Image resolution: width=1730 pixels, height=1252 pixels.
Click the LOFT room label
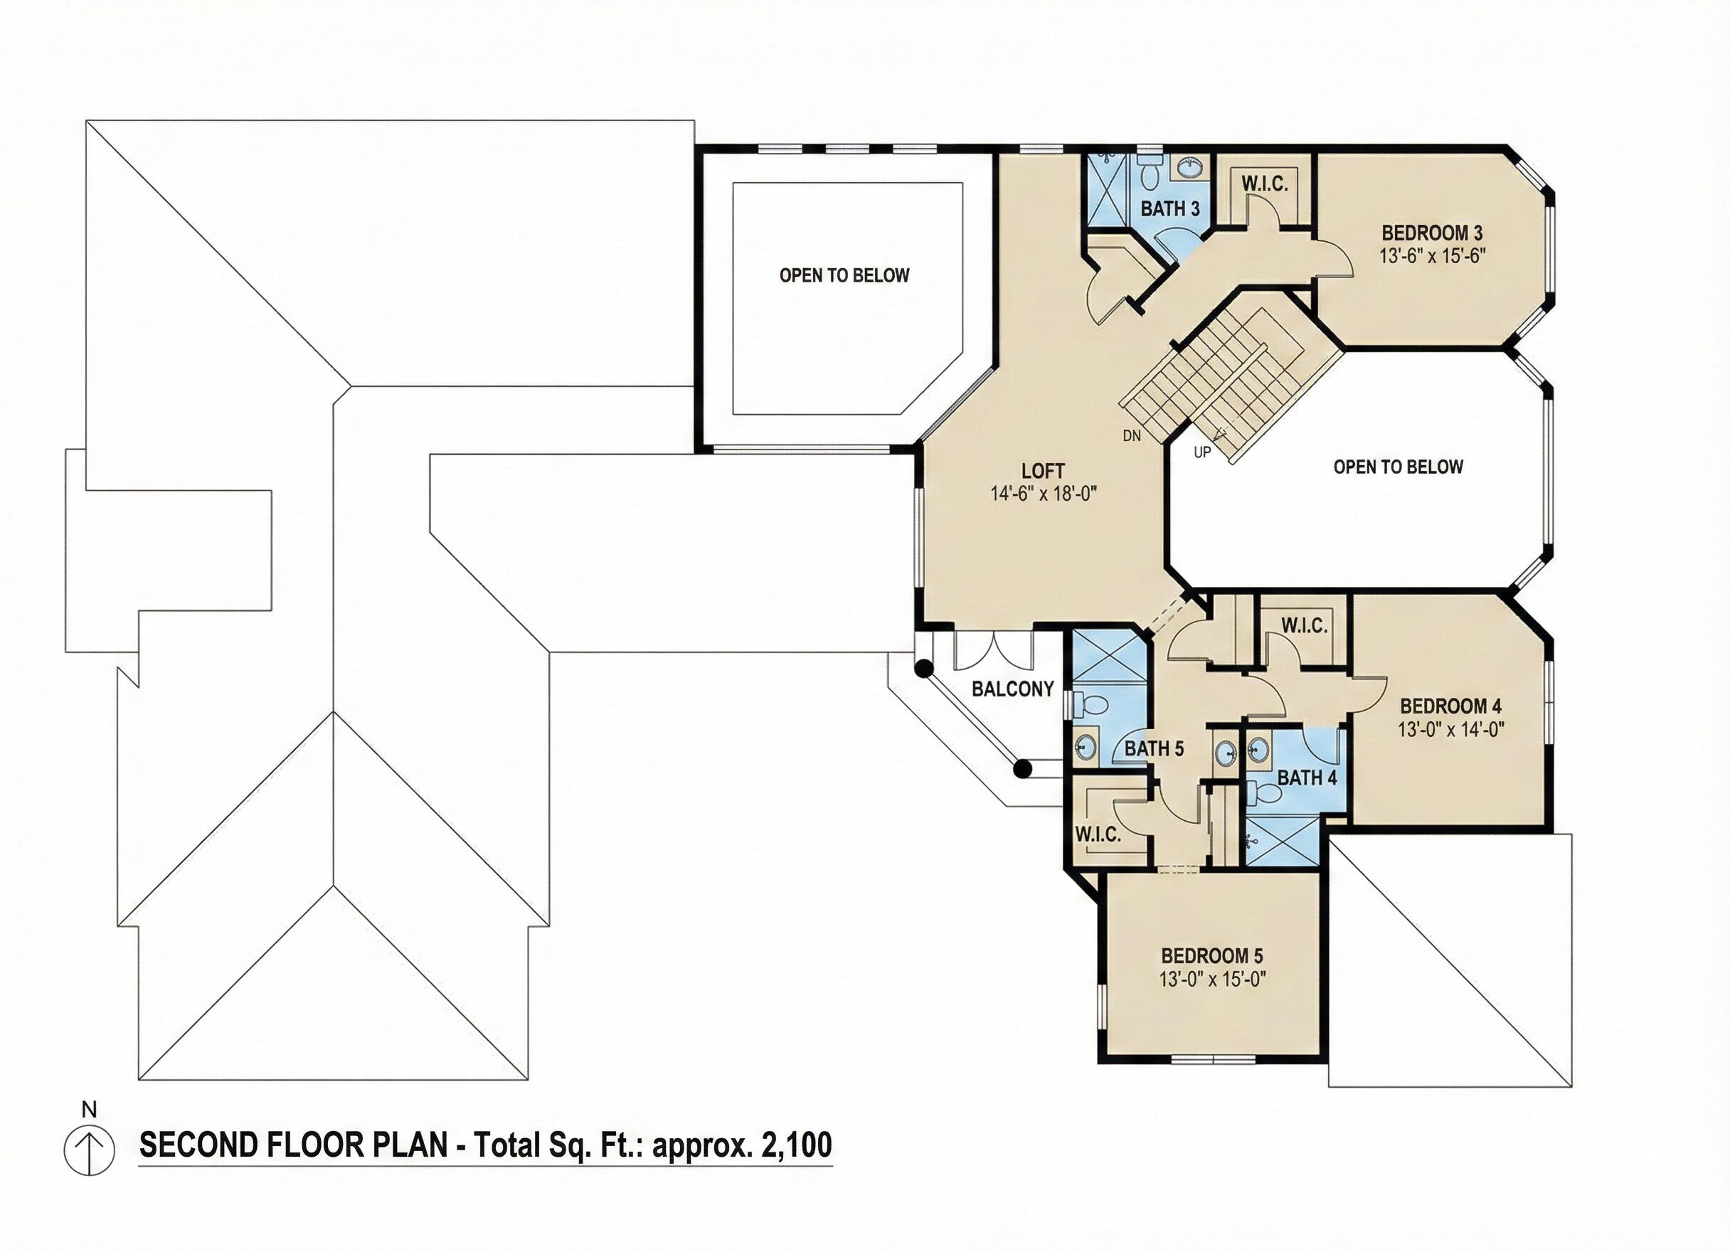coord(1043,471)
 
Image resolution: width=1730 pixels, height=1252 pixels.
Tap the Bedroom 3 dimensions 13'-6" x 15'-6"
coord(1433,255)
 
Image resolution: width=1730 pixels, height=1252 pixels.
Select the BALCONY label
coord(1012,689)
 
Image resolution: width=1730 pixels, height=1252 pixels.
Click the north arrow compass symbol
coord(89,1151)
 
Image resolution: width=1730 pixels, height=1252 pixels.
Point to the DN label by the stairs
coord(1132,435)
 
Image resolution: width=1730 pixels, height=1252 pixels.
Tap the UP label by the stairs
coord(1202,452)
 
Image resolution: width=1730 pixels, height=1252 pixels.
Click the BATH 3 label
coord(1170,208)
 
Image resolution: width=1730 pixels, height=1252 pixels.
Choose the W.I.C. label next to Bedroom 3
coord(1265,184)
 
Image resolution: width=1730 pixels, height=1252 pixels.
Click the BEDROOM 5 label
coord(1212,955)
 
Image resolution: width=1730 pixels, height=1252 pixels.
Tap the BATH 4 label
coord(1307,778)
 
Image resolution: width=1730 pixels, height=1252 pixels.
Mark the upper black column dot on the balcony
coord(924,669)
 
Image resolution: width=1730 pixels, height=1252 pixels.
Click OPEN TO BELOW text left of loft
coord(844,275)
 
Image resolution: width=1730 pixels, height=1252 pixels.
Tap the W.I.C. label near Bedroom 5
coord(1098,834)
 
